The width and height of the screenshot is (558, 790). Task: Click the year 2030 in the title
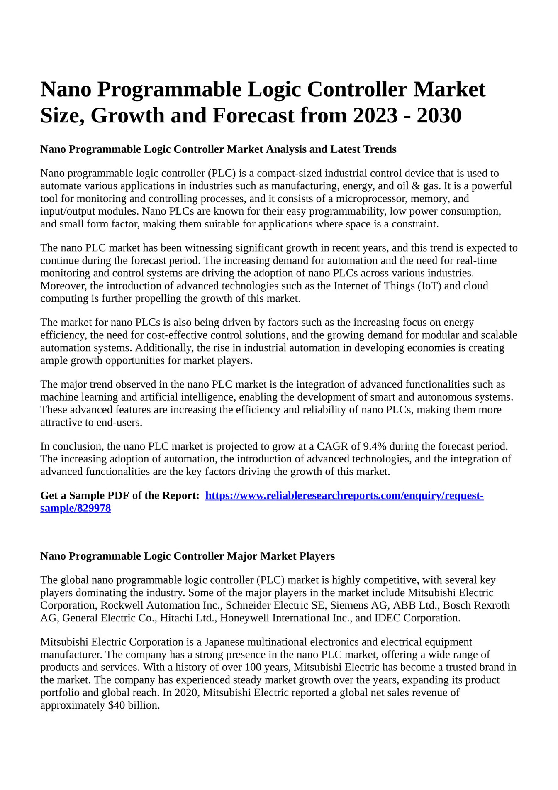coord(439,115)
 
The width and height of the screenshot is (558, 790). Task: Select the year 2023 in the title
coord(375,115)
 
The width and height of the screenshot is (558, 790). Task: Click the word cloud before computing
coord(475,286)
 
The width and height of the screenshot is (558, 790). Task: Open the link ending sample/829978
coord(76,508)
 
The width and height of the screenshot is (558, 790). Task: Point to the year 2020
coord(186,692)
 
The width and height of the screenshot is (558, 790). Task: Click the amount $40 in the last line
coord(114,705)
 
